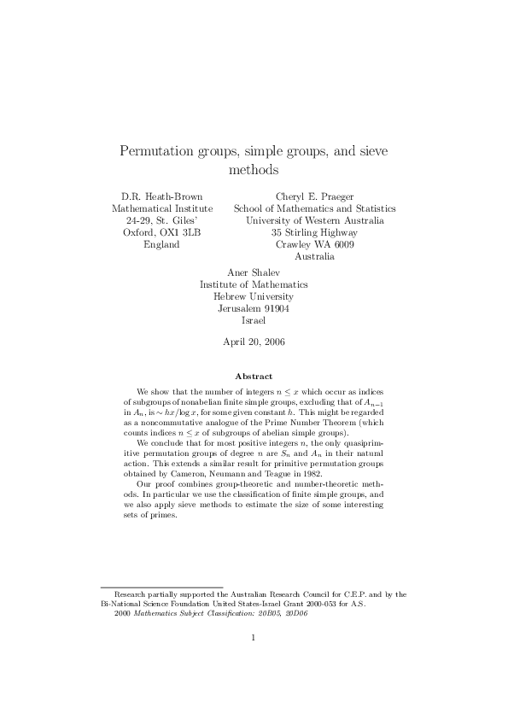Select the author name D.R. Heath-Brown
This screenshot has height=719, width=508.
coord(162,196)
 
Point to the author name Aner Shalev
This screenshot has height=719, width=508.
coord(254,272)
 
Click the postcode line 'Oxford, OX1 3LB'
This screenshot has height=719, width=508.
coord(162,232)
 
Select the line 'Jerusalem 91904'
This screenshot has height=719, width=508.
coord(254,308)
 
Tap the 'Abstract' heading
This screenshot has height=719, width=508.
coord(254,376)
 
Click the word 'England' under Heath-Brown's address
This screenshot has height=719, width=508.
coord(162,244)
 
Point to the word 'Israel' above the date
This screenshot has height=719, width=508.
coord(254,320)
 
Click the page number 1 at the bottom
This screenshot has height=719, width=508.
coord(254,660)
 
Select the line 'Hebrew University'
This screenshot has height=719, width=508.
coord(254,296)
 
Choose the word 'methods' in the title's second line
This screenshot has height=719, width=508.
coord(254,170)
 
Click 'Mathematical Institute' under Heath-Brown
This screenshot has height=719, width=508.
coord(162,208)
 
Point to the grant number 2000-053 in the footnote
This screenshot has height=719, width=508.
coord(306,603)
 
